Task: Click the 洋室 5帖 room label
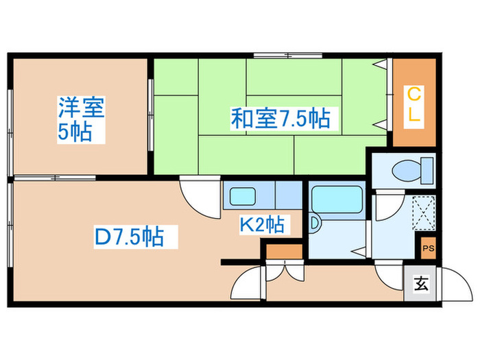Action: (x=80, y=119)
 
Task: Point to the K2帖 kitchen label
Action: (x=263, y=224)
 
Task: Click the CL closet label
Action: (x=413, y=104)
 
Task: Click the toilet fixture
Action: (x=411, y=168)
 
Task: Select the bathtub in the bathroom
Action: (x=336, y=200)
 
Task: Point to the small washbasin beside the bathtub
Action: (x=315, y=222)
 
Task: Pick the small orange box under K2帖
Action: (x=280, y=252)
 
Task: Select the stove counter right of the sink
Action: (x=288, y=195)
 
